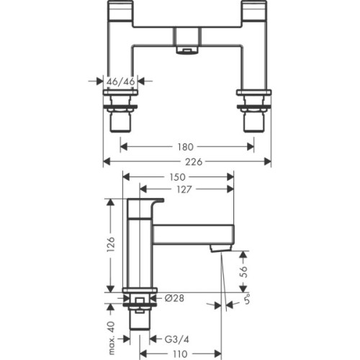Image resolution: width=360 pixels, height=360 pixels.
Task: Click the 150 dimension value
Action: tap(177, 177)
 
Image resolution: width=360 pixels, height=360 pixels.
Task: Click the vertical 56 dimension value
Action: tap(244, 271)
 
